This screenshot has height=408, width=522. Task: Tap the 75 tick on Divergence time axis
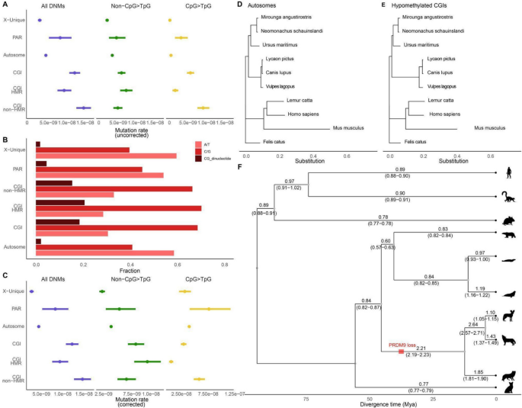(306, 398)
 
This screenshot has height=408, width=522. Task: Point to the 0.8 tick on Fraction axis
(224, 263)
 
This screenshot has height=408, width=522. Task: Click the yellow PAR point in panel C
(210, 309)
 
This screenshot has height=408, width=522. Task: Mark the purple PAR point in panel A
(60, 37)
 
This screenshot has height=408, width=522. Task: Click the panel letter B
(5, 139)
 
